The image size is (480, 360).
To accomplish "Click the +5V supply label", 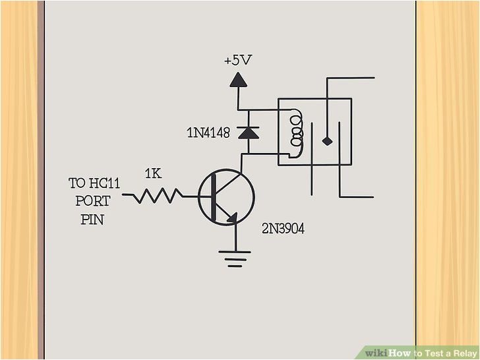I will point(237,61).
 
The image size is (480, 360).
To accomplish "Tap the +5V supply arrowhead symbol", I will point(238,80).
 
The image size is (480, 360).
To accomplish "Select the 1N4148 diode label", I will point(208,133).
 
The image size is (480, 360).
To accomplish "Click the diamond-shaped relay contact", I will point(326,140).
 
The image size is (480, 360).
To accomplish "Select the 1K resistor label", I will point(153,175).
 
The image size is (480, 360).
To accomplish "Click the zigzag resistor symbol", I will point(156,196).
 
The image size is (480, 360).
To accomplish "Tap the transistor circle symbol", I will point(226,197).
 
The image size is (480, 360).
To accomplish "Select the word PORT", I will point(92,201).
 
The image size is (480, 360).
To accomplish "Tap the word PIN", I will point(92,220).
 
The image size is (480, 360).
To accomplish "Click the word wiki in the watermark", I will point(377,353).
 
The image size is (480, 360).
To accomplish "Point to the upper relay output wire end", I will point(373,78).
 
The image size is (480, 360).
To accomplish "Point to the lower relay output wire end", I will point(373,197).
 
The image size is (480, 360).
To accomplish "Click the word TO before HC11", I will point(77,183).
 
